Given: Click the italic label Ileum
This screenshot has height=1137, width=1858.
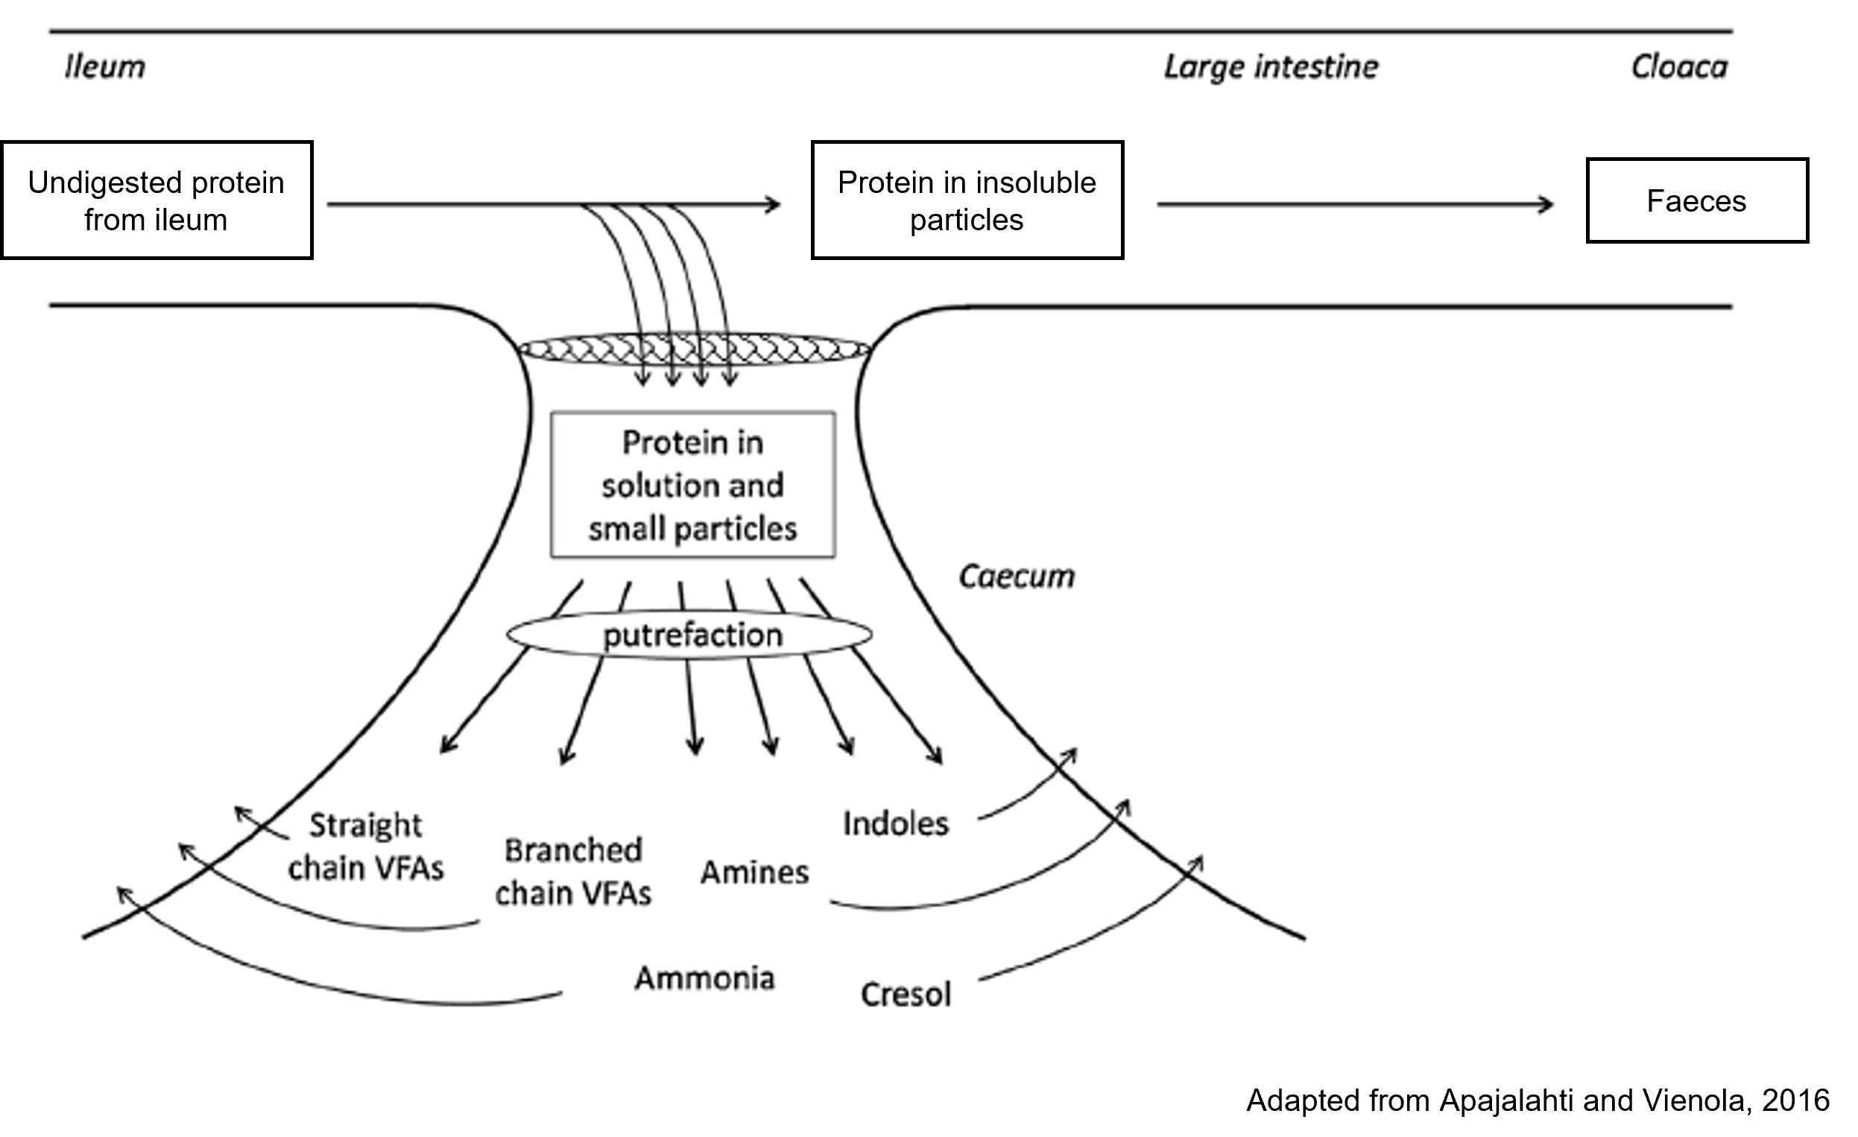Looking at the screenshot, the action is click(x=105, y=67).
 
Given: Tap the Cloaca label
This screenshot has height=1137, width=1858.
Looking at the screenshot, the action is click(x=1679, y=67).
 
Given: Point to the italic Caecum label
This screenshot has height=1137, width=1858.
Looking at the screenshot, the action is click(x=1017, y=577).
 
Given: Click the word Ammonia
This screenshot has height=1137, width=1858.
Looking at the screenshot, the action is click(x=704, y=978).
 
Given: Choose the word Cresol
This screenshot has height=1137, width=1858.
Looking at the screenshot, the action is click(x=906, y=995).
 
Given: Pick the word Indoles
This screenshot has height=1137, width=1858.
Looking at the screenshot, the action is click(x=896, y=823).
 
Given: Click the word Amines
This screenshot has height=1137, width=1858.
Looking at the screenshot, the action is click(x=755, y=872).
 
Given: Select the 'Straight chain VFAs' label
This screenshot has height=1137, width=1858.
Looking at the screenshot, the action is click(x=366, y=846).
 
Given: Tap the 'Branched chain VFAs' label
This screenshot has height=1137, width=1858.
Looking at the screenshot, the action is click(x=573, y=872).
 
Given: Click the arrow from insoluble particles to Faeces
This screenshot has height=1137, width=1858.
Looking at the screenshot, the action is click(x=1355, y=204).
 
